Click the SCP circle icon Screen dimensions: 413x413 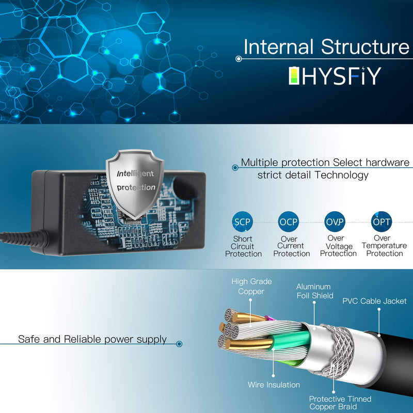[242, 222]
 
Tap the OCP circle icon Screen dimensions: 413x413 [289, 222]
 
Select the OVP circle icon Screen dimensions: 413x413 [335, 222]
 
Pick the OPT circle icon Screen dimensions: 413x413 [381, 222]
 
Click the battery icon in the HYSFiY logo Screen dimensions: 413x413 [294, 75]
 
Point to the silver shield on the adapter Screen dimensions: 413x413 [135, 184]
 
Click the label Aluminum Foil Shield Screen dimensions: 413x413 [315, 291]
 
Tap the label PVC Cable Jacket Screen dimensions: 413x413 [374, 301]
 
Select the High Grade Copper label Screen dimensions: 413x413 [251, 287]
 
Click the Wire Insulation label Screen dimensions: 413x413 [274, 385]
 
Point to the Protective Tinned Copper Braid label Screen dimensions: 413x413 [340, 403]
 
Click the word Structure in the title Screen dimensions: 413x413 [365, 47]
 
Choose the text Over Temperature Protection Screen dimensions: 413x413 [384, 246]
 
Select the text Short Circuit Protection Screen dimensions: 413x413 [243, 246]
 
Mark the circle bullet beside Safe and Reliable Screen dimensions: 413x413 [179, 344]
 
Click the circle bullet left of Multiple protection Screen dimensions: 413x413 [235, 167]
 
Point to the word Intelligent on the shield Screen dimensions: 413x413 [135, 173]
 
